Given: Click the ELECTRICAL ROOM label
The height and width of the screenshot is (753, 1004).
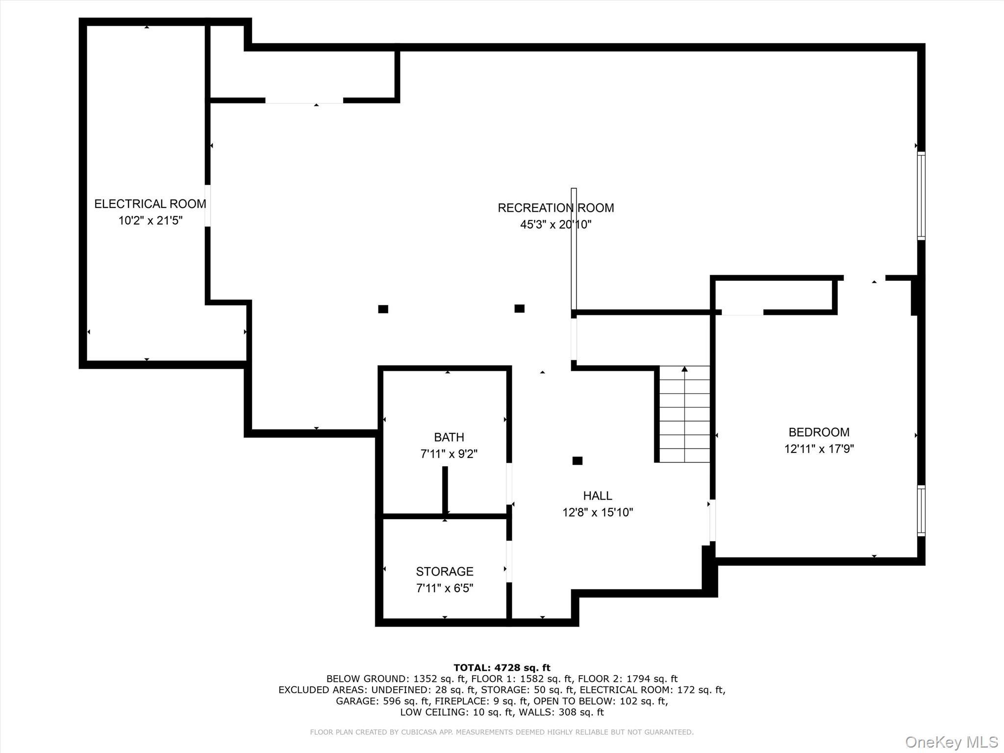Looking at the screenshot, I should coord(150,204).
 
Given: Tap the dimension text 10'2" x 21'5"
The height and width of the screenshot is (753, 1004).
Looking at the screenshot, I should coord(150,221).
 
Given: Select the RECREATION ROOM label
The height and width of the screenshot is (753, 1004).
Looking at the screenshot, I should coord(555,208).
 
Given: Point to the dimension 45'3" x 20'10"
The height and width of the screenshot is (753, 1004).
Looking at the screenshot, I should coord(555,225).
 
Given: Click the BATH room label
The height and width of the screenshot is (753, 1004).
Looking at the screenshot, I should coord(449,437).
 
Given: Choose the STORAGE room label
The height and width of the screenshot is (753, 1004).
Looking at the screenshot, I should coord(444,571).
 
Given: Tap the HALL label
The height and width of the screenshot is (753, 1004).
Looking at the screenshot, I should coord(597,496).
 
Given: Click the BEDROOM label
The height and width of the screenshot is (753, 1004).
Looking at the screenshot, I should coord(819,432).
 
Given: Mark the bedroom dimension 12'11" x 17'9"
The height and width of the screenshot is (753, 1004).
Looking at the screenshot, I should coord(819,449).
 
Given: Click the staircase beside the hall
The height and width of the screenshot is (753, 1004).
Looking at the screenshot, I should coord(684,414).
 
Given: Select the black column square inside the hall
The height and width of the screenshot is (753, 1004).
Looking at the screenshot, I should coord(577,460).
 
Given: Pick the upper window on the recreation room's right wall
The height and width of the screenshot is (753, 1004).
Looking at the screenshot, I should coord(921,196).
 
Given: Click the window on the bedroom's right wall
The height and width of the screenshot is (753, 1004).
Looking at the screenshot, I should coord(921,510).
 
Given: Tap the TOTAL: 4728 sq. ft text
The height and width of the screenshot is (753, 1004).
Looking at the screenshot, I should coord(502,667).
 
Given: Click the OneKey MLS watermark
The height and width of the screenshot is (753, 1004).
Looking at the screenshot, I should coord(951,742).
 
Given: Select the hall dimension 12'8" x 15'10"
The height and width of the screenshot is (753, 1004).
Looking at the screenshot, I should coord(597,512).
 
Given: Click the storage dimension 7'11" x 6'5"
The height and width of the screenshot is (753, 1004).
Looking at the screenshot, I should coord(444,588).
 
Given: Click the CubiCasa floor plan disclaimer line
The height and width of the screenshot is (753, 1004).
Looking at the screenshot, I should coord(502,732).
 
